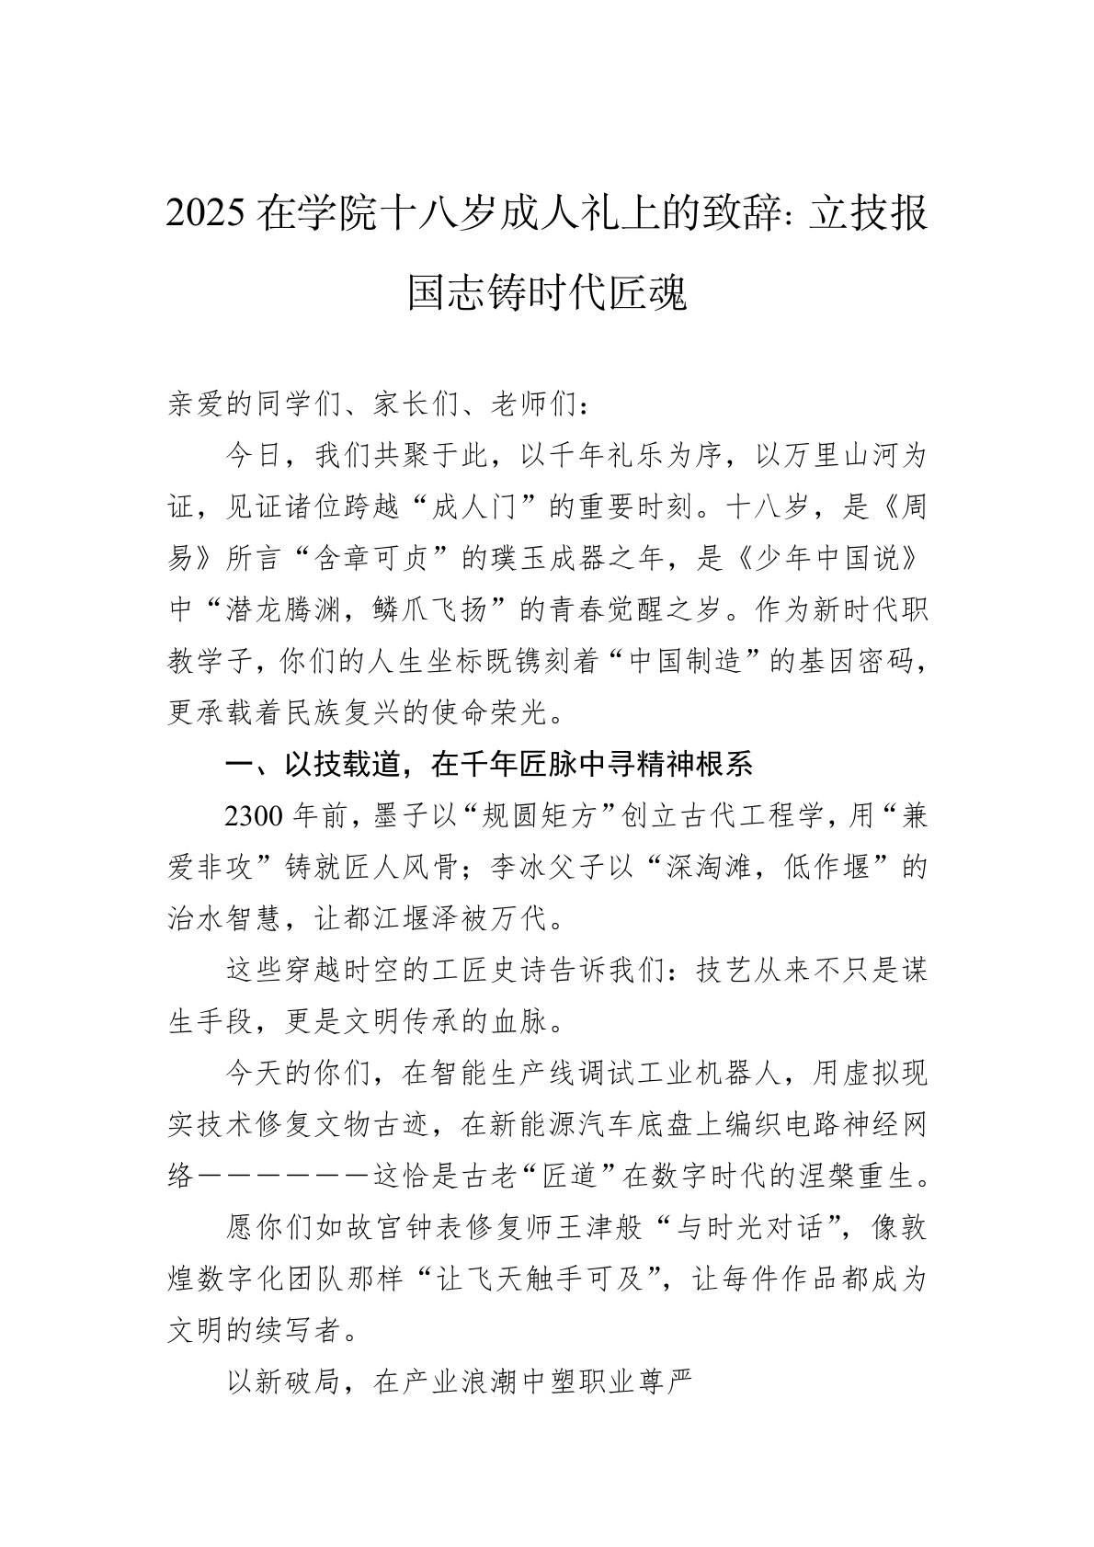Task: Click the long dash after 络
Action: coord(284,1175)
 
